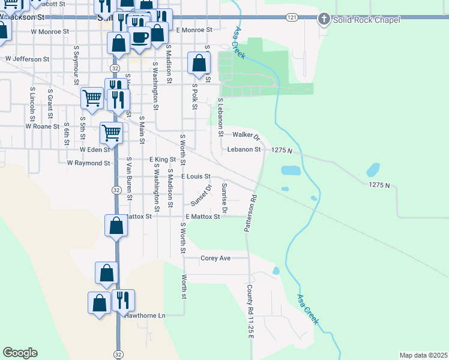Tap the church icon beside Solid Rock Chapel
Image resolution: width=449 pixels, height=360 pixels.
point(324,19)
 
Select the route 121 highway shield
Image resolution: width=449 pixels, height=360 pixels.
point(291,18)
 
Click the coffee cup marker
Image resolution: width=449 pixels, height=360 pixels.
point(140,37)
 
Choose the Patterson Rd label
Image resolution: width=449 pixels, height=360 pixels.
point(250,214)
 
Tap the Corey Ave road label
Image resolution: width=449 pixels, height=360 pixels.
point(215,258)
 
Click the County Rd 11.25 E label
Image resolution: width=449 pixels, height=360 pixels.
point(250,312)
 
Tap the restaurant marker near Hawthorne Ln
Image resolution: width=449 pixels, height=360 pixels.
point(123,299)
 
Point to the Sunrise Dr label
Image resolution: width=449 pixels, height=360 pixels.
point(224,199)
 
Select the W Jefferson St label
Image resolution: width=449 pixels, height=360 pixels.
point(28,59)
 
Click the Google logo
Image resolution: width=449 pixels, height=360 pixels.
point(20,353)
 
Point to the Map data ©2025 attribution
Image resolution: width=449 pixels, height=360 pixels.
point(423,355)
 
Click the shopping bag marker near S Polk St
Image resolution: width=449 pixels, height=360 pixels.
point(199,62)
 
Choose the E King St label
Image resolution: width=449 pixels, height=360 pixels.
point(162,160)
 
